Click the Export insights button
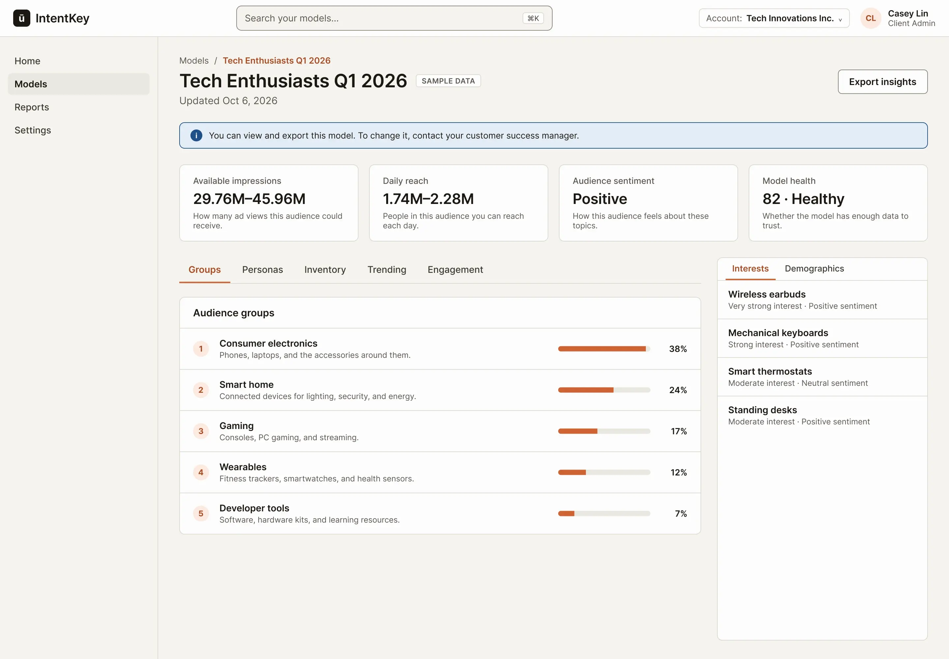pos(882,82)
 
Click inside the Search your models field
pos(394,18)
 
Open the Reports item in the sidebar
pos(32,107)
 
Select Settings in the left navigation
pos(33,130)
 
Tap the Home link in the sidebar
pos(27,61)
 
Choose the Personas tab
pos(263,270)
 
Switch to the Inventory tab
pos(325,270)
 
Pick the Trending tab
pos(387,270)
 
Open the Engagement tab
pos(455,270)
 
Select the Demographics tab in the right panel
pos(814,269)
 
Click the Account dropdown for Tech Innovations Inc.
pos(774,18)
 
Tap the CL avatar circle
pos(871,18)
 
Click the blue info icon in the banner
pos(196,135)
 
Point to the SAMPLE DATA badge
pos(448,81)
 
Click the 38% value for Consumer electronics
pos(678,349)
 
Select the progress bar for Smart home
pos(604,390)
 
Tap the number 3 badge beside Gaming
pos(201,431)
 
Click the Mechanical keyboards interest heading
pos(778,333)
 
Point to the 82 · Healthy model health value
pos(803,199)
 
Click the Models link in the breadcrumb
pos(194,61)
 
